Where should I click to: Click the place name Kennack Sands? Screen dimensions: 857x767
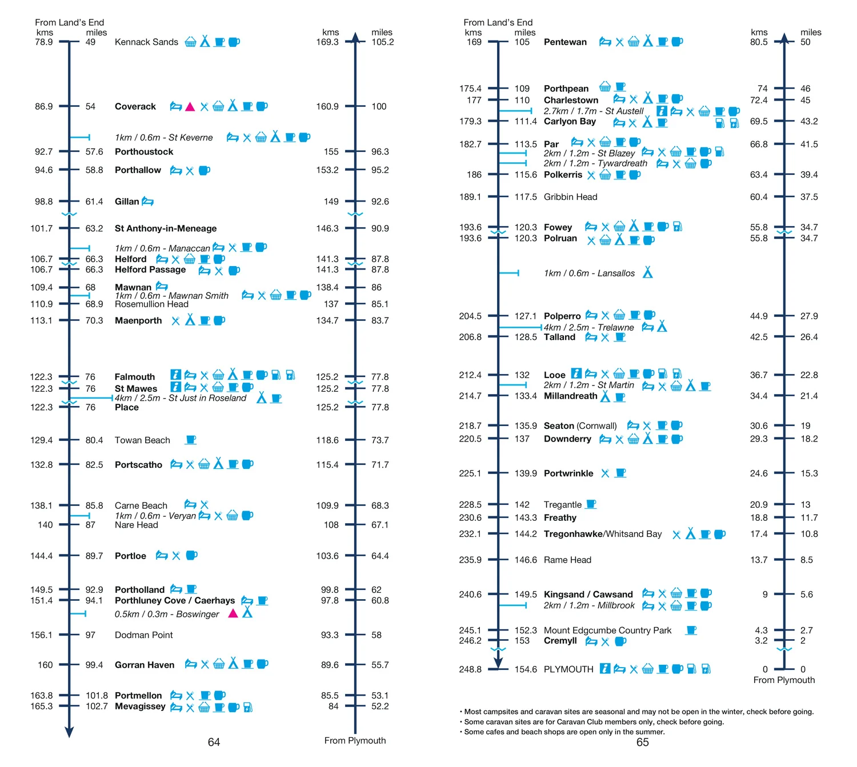(x=146, y=42)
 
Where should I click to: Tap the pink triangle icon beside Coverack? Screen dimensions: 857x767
(x=190, y=107)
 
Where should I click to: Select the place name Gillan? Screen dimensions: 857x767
(x=127, y=201)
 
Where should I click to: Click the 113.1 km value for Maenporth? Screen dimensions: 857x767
(x=41, y=320)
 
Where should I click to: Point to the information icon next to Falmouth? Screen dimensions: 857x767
(x=175, y=375)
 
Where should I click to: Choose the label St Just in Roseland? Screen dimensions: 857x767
(x=207, y=398)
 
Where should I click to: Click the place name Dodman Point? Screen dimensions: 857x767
(x=143, y=635)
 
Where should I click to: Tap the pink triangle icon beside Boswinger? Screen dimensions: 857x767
(x=233, y=613)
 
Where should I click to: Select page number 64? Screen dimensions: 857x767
(x=214, y=742)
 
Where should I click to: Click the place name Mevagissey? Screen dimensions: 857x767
(x=140, y=706)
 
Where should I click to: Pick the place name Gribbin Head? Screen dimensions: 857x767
(x=570, y=196)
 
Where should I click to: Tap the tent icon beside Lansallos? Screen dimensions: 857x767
(x=647, y=272)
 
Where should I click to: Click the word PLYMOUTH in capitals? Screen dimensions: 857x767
(x=568, y=669)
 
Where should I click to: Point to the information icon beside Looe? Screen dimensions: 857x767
(x=576, y=373)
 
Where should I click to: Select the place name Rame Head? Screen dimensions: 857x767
(x=567, y=559)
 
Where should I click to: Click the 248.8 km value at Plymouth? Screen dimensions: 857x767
(x=470, y=669)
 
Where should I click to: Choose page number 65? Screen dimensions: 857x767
(x=642, y=742)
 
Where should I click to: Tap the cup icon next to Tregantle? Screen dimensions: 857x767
(x=591, y=504)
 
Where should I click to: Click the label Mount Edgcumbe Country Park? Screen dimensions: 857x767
(x=607, y=630)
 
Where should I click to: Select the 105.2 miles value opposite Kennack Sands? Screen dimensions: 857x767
(x=382, y=42)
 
